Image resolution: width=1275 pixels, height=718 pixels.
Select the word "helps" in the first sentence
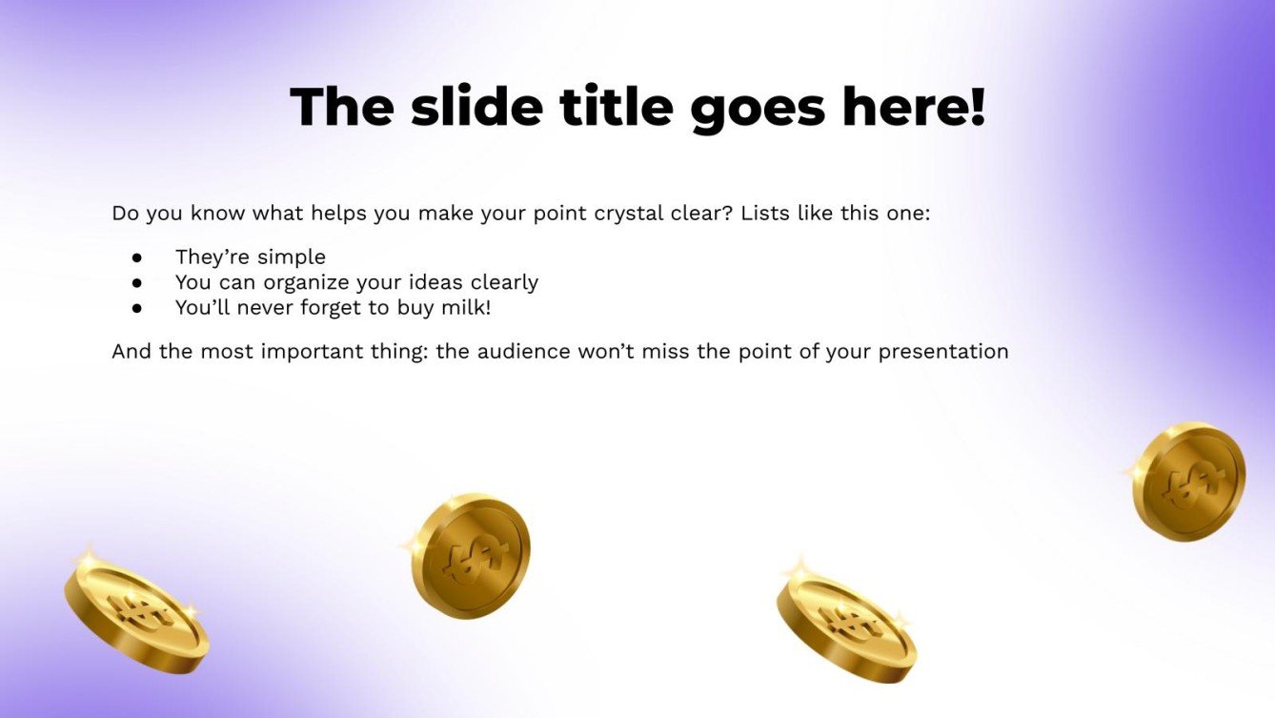click(334, 213)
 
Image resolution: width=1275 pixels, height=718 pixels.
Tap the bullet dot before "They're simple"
click(137, 257)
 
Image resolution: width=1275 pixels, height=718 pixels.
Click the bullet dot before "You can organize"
click(137, 283)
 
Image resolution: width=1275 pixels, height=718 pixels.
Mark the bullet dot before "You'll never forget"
click(137, 308)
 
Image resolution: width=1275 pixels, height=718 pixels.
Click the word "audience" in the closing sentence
click(523, 351)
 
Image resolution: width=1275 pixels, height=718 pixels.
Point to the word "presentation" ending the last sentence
click(942, 351)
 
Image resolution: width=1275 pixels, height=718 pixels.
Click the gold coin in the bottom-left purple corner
click(136, 612)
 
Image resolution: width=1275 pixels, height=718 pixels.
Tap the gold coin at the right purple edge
click(1188, 482)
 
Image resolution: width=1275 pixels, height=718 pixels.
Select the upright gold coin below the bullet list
click(470, 555)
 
